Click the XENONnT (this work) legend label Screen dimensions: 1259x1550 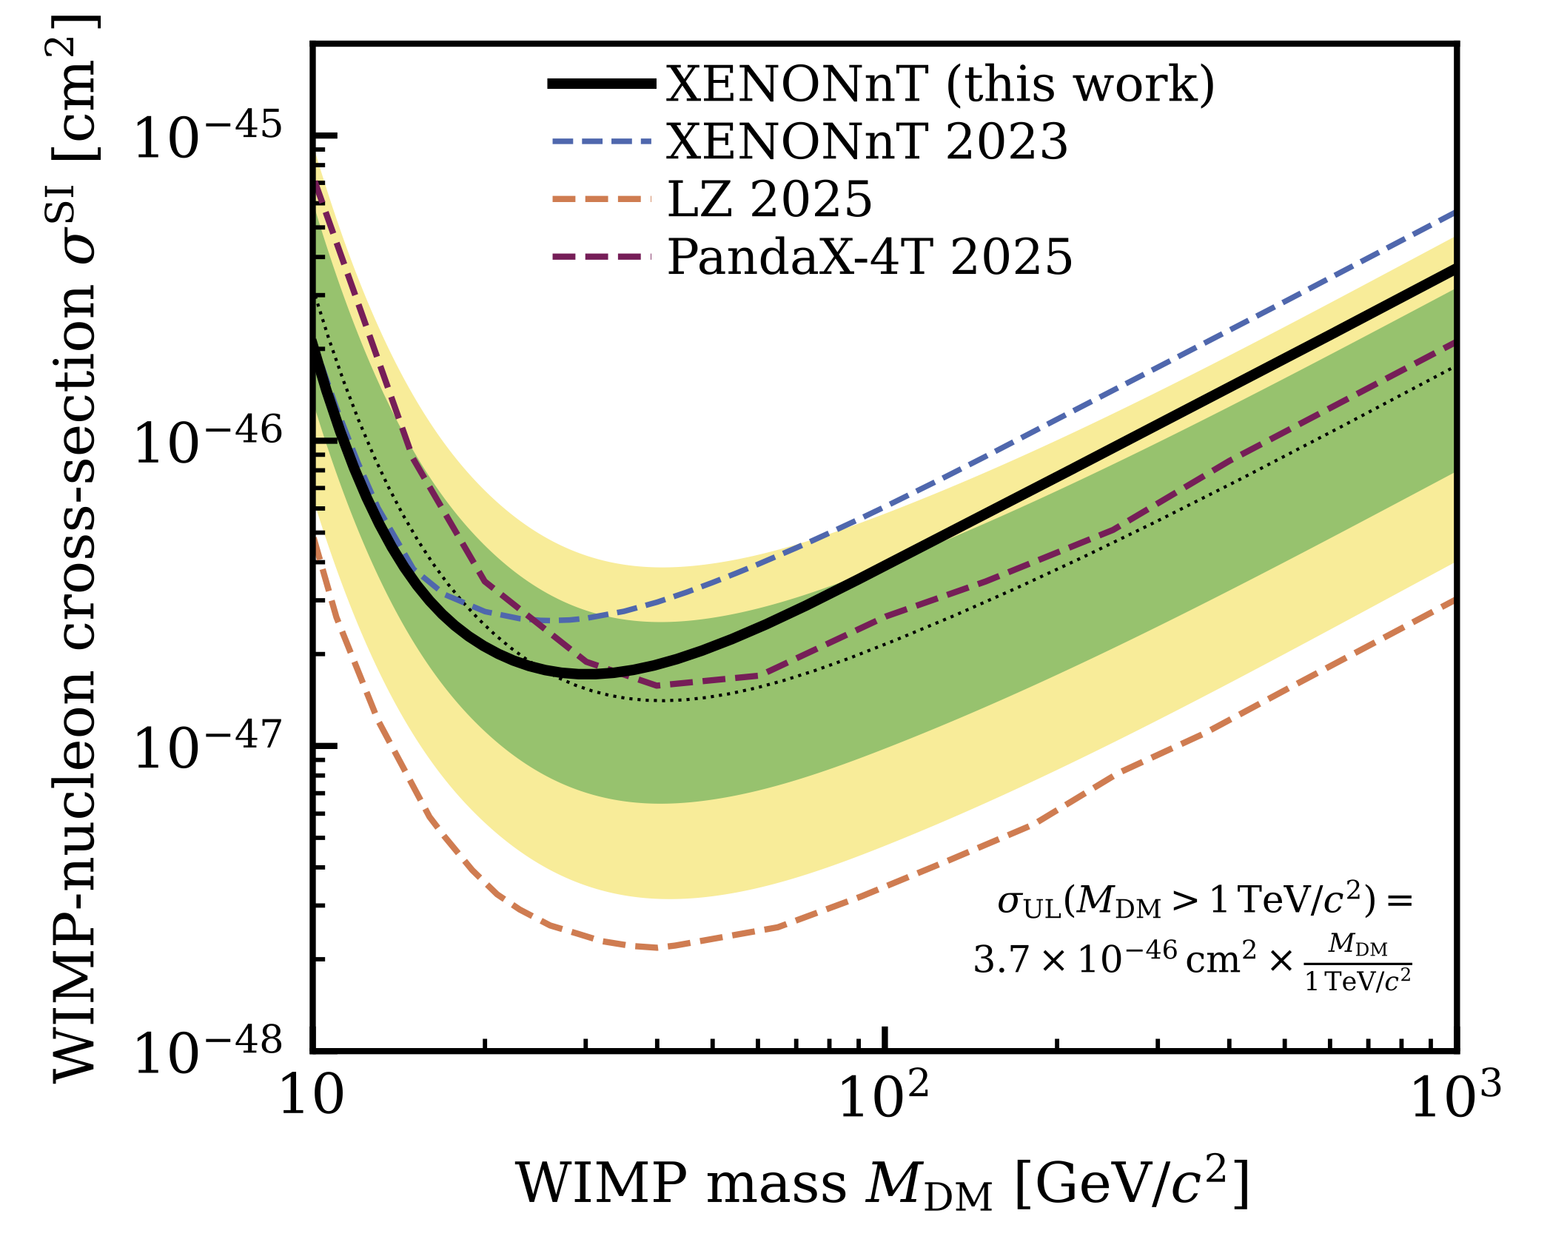tap(940, 84)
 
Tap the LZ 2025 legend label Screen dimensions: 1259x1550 tap(770, 199)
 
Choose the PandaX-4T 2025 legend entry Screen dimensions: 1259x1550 tap(870, 257)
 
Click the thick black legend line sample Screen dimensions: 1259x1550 tap(601, 84)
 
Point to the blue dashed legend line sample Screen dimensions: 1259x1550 tap(601, 141)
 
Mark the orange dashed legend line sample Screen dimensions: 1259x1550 tap(601, 198)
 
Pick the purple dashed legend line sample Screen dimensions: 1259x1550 tap(601, 256)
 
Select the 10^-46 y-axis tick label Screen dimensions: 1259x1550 tap(208, 441)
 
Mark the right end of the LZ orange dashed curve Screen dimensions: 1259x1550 tap(1454, 600)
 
